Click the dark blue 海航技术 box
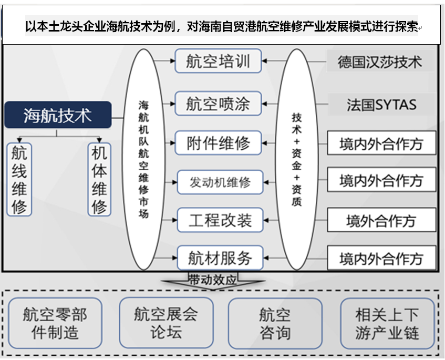coord(58,115)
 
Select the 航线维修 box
coord(19,180)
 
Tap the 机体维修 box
coord(99,180)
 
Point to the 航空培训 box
coord(218,61)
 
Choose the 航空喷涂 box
coord(218,103)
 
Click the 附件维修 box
coord(218,143)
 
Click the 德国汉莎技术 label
coord(380,62)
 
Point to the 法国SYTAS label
coord(381,104)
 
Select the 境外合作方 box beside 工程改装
coord(381,220)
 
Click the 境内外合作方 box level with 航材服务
coord(381,258)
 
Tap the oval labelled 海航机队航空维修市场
coord(143,159)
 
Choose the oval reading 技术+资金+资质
coord(297,159)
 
